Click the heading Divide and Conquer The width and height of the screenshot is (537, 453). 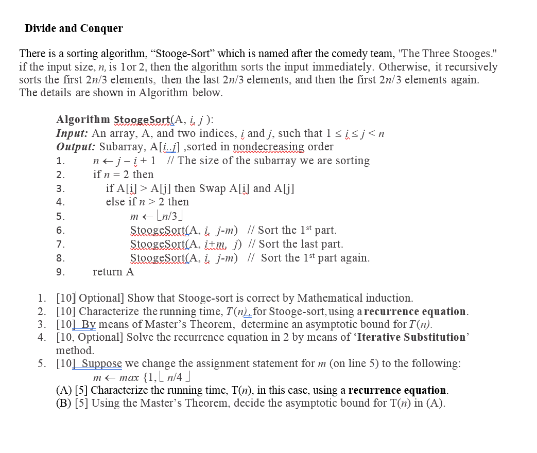point(74,28)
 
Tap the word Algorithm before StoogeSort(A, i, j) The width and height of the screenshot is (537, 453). point(83,120)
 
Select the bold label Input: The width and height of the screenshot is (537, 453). point(72,134)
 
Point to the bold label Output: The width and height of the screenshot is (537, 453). point(76,147)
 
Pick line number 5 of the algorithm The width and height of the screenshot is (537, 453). point(60,216)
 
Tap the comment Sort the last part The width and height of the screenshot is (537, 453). point(300,244)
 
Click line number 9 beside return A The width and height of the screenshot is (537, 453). point(60,272)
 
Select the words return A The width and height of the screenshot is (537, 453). point(113,272)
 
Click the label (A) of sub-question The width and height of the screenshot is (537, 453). point(63,390)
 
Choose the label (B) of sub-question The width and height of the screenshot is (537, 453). point(63,403)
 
